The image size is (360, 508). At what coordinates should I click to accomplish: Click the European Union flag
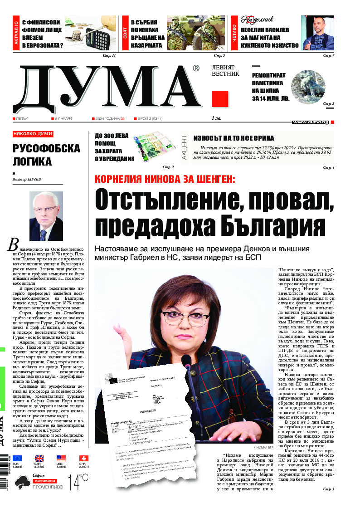pos(17,459)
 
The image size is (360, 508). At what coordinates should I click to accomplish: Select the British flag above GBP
pos(39,459)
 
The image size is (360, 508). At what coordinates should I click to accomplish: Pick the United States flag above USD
pos(61,459)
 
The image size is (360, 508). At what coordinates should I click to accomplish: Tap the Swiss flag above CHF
pos(83,459)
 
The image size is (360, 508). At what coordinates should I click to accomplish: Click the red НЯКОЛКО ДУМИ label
pos(33,134)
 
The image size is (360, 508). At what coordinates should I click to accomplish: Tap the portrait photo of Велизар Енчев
pos(46,216)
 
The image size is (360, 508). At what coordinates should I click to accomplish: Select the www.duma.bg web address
pos(311,122)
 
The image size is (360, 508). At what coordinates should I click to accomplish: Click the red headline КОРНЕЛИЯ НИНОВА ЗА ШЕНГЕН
pos(165,179)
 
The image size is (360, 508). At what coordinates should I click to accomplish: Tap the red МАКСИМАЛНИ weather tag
pos(44,480)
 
